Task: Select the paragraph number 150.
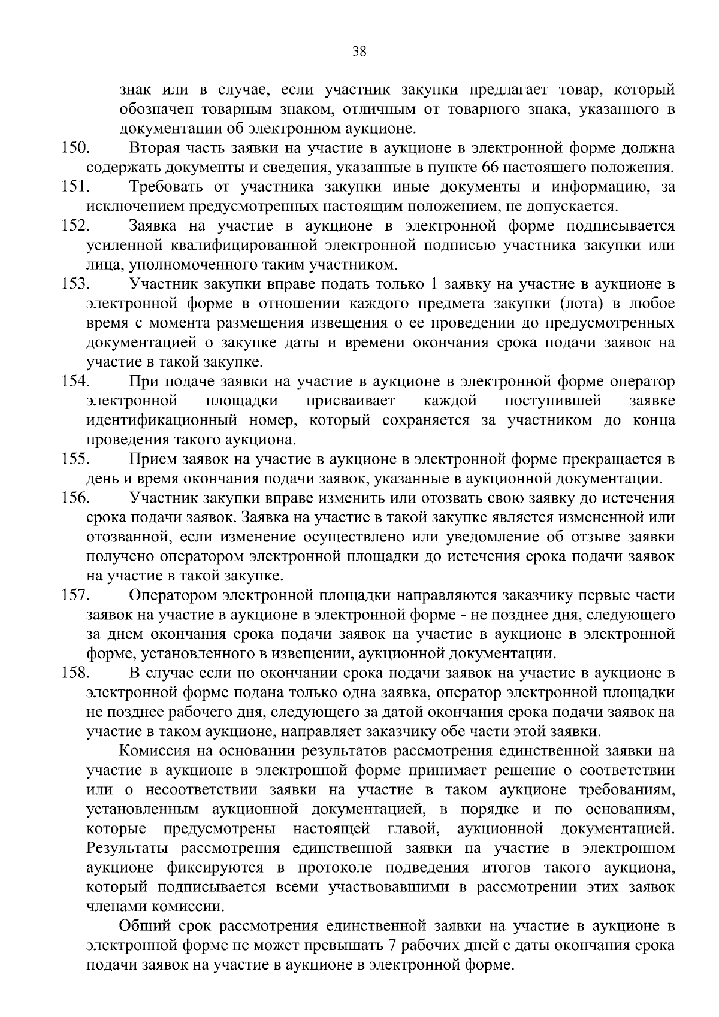coord(75,148)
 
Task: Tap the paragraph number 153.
coord(75,284)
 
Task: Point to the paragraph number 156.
coord(75,498)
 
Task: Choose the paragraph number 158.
coord(75,673)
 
